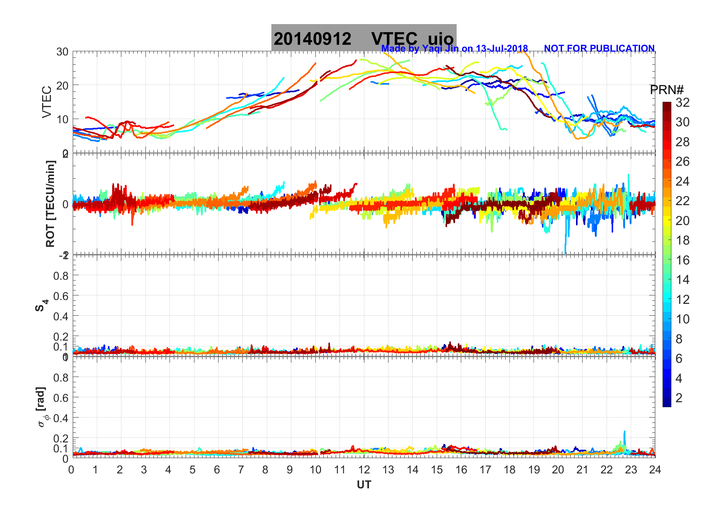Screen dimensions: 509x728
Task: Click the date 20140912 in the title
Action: (312, 39)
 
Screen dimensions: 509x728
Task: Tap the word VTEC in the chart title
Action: (394, 39)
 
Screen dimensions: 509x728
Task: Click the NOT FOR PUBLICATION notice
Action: (599, 49)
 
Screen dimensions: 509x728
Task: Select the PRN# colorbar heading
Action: (666, 90)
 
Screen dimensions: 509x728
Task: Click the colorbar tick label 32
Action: (682, 103)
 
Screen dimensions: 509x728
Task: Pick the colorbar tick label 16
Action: (682, 260)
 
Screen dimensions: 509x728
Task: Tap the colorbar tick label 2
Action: (679, 398)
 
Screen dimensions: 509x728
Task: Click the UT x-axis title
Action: (364, 485)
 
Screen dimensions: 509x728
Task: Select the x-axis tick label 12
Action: (364, 470)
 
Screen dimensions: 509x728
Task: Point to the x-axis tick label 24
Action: (655, 470)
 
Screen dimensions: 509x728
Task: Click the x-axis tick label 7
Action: (241, 470)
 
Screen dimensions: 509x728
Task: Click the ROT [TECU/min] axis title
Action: (50, 204)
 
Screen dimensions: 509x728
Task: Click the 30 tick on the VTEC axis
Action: (62, 52)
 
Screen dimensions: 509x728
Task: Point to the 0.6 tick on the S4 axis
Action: (61, 296)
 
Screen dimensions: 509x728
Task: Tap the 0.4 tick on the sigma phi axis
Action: (61, 418)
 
